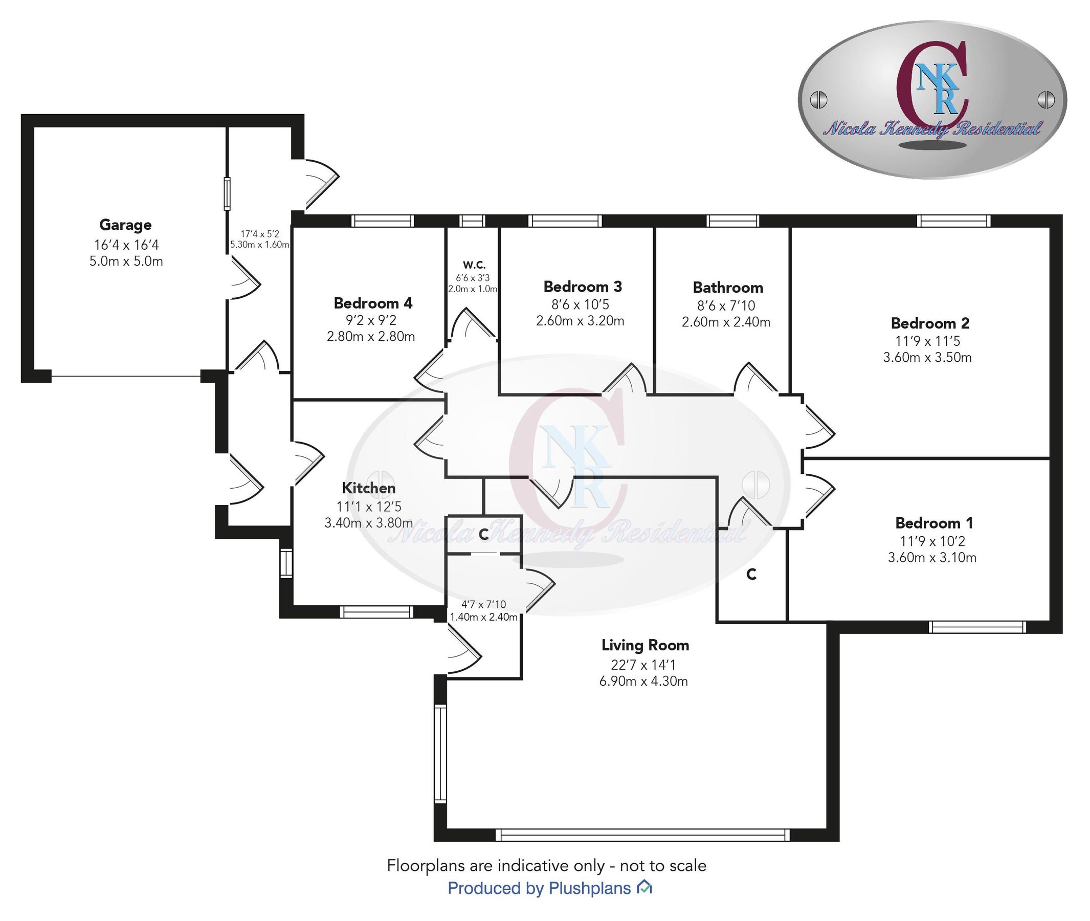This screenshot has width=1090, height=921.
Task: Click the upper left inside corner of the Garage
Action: (x=34, y=127)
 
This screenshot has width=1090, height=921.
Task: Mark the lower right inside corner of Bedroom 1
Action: (x=1049, y=620)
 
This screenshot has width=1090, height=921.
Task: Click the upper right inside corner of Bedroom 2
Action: (x=1049, y=228)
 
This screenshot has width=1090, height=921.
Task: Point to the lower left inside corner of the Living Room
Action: (x=448, y=828)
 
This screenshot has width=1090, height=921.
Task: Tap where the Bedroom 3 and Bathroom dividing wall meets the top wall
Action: (x=655, y=228)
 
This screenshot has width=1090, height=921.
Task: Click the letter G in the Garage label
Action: (x=105, y=225)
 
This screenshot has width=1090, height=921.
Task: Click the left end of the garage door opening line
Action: (x=52, y=376)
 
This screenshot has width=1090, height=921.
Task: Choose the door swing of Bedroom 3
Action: (x=625, y=379)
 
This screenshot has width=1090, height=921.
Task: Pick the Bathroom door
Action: (x=755, y=378)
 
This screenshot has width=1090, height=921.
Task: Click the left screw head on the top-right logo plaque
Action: (x=818, y=99)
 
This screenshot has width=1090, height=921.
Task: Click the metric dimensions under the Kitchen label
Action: (x=369, y=522)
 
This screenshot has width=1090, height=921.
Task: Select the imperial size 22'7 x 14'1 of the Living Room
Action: (x=644, y=665)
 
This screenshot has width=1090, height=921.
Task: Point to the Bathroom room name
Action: (x=728, y=288)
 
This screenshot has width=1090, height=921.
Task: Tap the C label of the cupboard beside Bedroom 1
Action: (x=751, y=574)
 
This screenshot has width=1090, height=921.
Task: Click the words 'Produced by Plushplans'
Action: (x=539, y=888)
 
